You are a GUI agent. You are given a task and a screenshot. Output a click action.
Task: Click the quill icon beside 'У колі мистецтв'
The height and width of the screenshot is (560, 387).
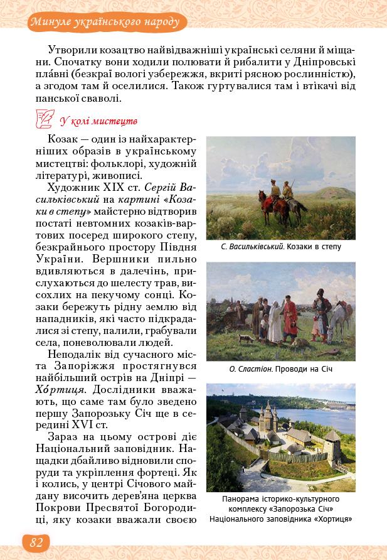[46, 118]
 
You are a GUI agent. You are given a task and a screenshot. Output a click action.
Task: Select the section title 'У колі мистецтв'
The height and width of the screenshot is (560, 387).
[98, 120]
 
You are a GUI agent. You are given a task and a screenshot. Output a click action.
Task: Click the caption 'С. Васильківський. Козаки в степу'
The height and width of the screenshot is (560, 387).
[280, 247]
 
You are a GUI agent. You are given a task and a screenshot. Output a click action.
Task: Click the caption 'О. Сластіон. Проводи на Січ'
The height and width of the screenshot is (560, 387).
[280, 369]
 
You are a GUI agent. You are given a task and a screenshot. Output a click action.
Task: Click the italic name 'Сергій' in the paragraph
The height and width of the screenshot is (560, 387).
[162, 188]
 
